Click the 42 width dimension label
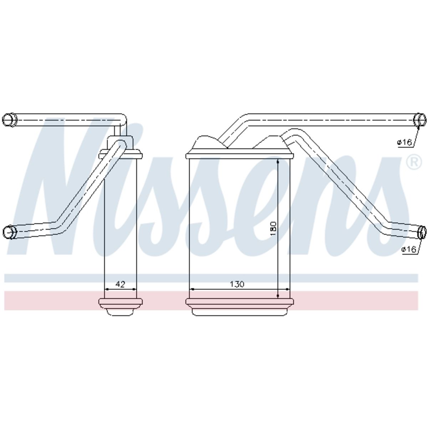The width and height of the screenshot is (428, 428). pos(120,284)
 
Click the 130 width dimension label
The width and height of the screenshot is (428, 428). pos(237,284)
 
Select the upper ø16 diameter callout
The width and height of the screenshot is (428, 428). pos(404,142)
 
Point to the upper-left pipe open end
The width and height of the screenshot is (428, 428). pos(10,120)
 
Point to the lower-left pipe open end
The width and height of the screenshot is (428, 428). pos(10,232)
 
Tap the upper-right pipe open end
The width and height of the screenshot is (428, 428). pos(420,120)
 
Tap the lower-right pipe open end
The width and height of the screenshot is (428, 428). pos(422,232)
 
